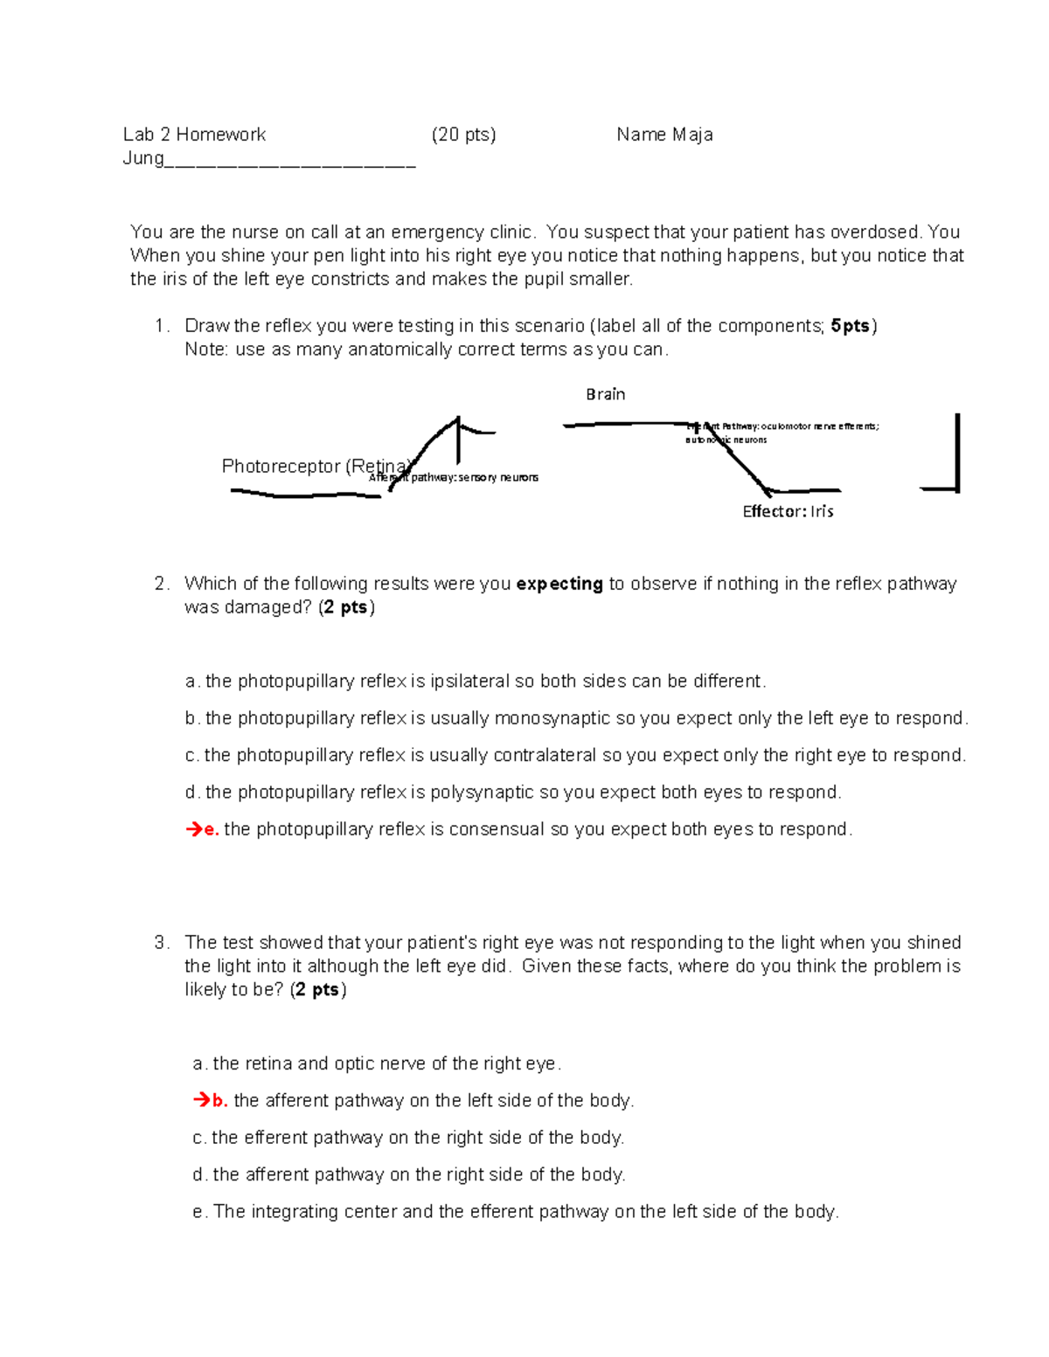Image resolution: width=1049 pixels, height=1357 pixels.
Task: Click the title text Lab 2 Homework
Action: click(x=194, y=135)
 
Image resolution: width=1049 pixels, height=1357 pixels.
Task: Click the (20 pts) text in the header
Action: click(x=463, y=135)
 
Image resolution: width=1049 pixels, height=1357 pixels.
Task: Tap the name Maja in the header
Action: click(x=692, y=135)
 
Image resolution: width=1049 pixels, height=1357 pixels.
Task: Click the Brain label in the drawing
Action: click(x=605, y=394)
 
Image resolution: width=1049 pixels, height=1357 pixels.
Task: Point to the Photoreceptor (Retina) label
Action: click(x=315, y=466)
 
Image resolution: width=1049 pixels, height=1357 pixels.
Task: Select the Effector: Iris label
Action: click(x=788, y=511)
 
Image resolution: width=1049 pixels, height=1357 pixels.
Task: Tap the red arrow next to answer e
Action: click(x=193, y=829)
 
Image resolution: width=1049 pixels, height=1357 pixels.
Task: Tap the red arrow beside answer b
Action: click(x=201, y=1100)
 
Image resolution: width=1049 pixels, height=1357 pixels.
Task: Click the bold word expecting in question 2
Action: click(x=559, y=584)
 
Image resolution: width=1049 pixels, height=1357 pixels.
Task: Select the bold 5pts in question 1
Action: click(x=850, y=326)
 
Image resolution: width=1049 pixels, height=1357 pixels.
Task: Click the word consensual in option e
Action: click(x=497, y=829)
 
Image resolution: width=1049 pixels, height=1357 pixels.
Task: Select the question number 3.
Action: click(x=161, y=943)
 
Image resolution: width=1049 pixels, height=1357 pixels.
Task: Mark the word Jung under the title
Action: click(x=143, y=158)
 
